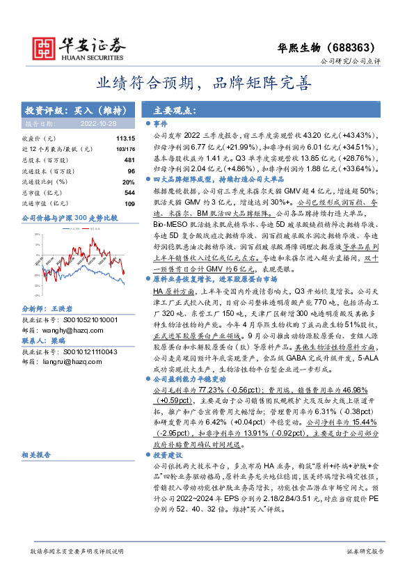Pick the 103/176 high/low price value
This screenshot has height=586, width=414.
[125, 149]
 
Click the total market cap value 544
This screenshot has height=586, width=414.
[129, 191]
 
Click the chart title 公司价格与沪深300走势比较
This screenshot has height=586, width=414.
[70, 218]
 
